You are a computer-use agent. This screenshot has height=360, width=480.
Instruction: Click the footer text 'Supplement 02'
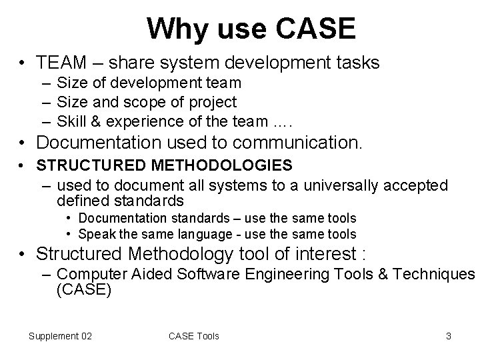pos(61,336)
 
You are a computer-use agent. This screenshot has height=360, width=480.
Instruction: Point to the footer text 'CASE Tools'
pos(194,336)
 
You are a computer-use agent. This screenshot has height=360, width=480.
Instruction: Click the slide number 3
pos(449,336)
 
